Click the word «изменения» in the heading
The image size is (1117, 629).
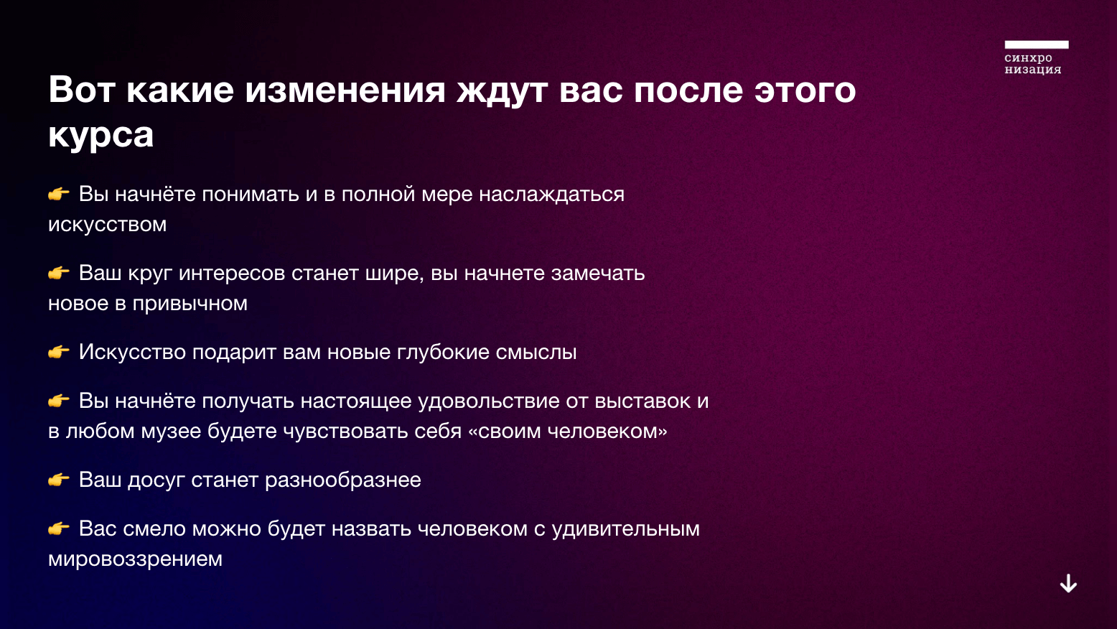point(345,90)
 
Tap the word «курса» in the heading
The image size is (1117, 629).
point(101,135)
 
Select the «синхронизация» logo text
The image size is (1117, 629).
point(1033,63)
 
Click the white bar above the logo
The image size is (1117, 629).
point(1037,45)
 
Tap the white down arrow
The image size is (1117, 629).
point(1068,583)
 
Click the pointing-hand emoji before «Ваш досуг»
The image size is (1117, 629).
point(58,480)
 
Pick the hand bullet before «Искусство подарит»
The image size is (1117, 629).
point(58,352)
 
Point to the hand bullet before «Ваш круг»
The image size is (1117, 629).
point(58,274)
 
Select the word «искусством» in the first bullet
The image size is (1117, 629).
point(107,225)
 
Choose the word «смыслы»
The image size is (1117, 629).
point(536,353)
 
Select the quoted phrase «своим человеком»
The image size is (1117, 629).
point(568,432)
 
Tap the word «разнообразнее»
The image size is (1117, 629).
point(342,480)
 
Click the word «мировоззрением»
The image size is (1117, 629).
point(135,559)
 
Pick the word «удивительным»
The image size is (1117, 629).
point(626,529)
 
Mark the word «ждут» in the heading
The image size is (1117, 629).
point(503,91)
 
